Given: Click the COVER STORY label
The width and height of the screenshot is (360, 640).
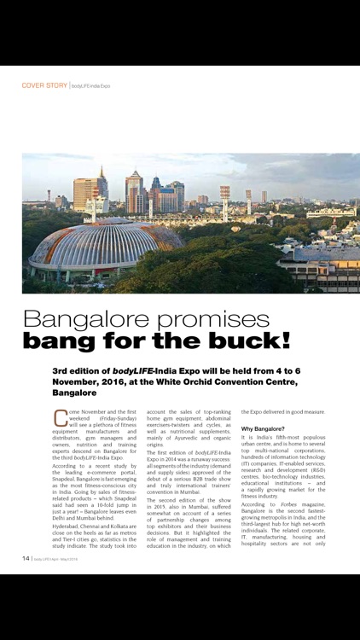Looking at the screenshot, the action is coord(44,85).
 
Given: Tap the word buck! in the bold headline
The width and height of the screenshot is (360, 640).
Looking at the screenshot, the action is coord(251,342).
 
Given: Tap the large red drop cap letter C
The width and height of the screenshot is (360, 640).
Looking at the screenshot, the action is coord(60,417).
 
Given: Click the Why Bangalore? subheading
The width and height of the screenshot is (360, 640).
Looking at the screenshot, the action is coord(268,428).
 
